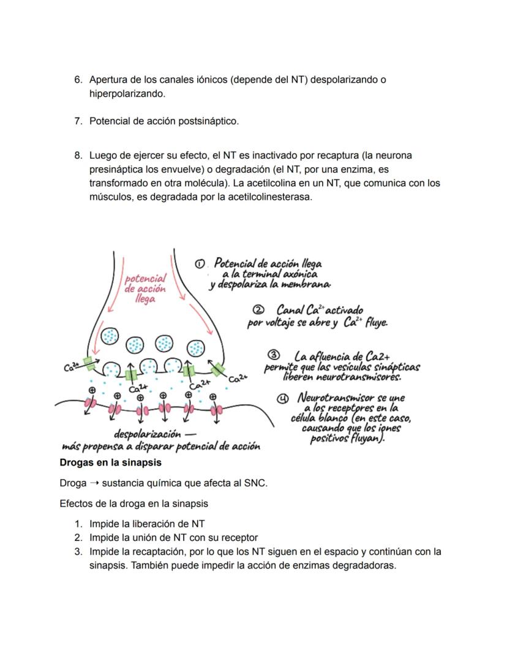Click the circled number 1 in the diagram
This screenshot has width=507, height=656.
[x=199, y=263]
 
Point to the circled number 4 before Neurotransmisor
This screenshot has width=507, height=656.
[x=283, y=398]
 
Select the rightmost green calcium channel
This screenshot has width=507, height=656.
[x=219, y=369]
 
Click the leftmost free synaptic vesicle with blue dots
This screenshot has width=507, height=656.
[x=110, y=336]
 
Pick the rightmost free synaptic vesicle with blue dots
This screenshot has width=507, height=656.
[x=195, y=348]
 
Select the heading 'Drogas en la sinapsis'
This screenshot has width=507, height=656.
[x=110, y=462]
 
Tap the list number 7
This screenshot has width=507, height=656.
[x=78, y=121]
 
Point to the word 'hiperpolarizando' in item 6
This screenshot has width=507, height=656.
[x=127, y=94]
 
